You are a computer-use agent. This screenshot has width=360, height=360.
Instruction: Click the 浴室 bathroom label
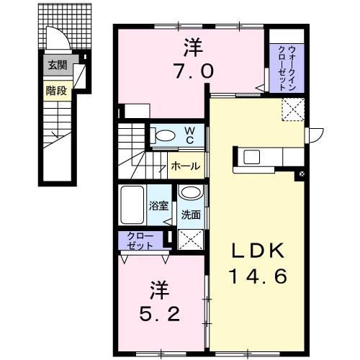(x=160, y=205)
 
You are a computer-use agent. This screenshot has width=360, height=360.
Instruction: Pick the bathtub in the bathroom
(x=132, y=205)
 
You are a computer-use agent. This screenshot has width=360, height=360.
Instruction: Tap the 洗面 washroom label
(x=190, y=215)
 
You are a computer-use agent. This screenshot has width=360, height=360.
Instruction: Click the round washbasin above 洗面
(x=191, y=193)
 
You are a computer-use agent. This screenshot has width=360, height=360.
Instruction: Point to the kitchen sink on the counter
(x=254, y=156)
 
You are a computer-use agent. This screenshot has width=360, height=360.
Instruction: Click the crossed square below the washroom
(x=191, y=240)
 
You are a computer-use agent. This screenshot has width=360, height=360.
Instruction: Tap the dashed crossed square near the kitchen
(x=293, y=109)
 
